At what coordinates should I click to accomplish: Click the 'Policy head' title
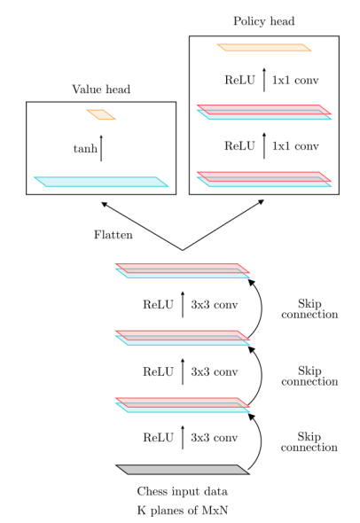263,20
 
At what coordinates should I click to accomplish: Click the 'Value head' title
101,89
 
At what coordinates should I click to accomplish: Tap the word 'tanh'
85,149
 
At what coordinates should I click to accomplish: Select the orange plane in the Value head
101,114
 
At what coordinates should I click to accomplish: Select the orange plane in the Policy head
263,47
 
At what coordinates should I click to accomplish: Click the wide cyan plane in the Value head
101,182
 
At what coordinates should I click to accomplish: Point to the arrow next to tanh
101,148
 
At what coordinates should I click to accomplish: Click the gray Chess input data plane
183,469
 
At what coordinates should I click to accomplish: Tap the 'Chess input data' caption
183,490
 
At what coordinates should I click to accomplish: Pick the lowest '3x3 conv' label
215,437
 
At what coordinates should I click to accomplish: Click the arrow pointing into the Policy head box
225,225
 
